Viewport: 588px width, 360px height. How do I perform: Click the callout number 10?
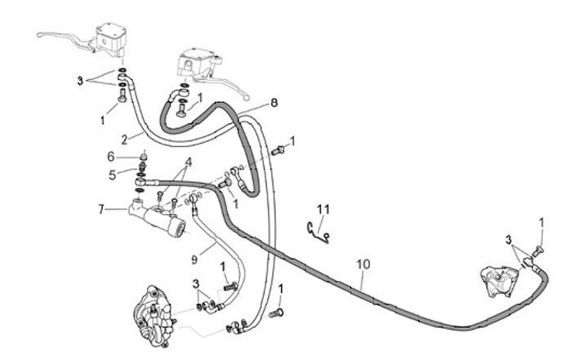[363, 265]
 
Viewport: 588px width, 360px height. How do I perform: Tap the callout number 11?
[323, 211]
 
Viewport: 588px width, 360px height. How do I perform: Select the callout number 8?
[274, 103]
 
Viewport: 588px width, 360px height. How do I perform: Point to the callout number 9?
[194, 259]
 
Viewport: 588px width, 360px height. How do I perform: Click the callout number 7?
[101, 209]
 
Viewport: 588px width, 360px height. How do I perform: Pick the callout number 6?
[110, 156]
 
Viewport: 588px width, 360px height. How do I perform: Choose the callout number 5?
[113, 173]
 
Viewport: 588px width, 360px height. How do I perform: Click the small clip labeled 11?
[317, 232]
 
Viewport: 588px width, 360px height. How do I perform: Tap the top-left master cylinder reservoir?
[110, 38]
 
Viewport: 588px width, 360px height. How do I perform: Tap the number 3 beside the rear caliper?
[508, 242]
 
